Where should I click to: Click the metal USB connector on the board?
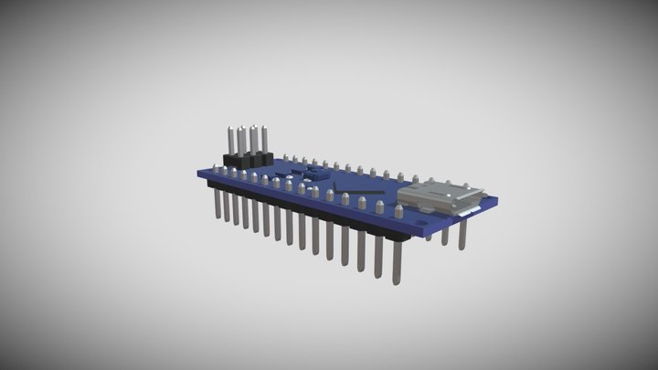point(445,196)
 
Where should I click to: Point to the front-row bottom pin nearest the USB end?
point(398,260)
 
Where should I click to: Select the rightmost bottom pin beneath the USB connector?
point(462,235)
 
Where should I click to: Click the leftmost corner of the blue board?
point(199,171)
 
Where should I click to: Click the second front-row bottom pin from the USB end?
point(377,253)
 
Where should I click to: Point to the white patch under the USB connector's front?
point(468,211)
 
